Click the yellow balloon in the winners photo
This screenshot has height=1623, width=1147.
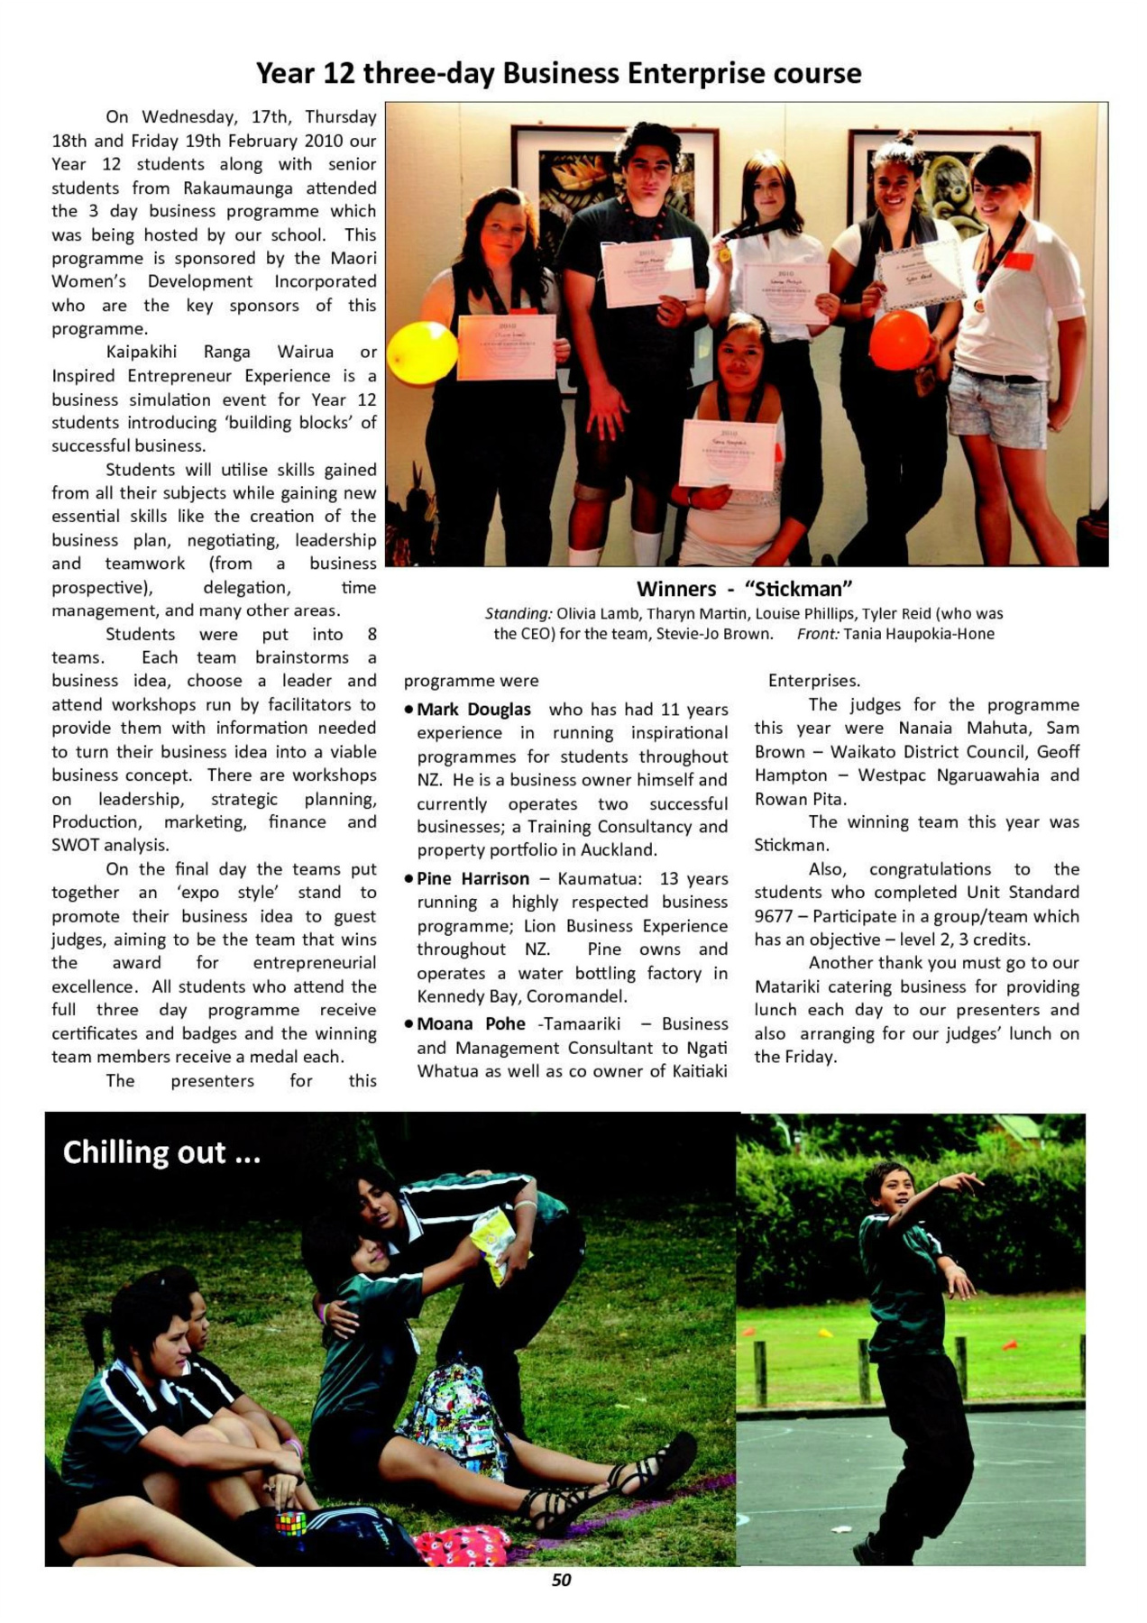pyautogui.click(x=409, y=353)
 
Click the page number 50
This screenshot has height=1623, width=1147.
pyautogui.click(x=561, y=1579)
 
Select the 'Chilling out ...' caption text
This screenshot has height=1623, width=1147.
pyautogui.click(x=161, y=1152)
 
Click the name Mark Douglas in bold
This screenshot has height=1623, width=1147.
pyautogui.click(x=473, y=710)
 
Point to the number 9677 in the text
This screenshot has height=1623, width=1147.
pyautogui.click(x=774, y=916)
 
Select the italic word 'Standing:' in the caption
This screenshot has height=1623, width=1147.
pyautogui.click(x=518, y=614)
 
